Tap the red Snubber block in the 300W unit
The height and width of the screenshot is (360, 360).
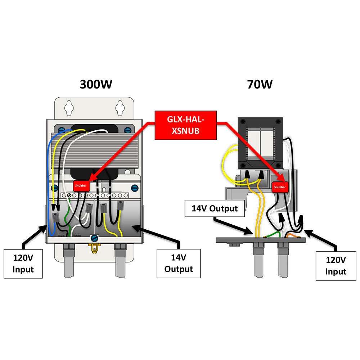(81, 186)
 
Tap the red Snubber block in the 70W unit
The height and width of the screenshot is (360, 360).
(279, 187)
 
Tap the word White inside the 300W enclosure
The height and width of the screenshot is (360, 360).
(77, 235)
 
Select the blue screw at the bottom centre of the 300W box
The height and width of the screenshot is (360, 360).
(94, 238)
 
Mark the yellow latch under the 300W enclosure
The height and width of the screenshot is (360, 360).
(94, 248)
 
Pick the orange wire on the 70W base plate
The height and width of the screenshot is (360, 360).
(291, 236)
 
